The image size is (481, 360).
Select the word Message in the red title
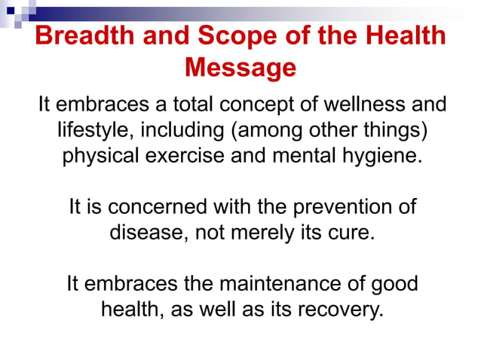(x=240, y=69)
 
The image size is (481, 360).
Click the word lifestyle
(x=94, y=131)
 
